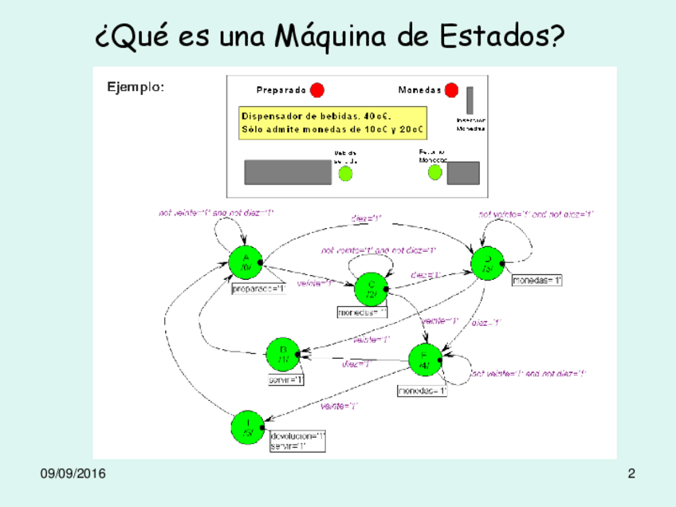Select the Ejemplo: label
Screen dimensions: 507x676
tap(136, 86)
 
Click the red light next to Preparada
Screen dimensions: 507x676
tap(317, 90)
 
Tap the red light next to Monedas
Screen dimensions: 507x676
tap(452, 90)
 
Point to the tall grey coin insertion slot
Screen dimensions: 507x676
tap(470, 100)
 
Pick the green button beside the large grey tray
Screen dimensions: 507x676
tap(346, 173)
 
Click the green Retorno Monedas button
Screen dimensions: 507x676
tap(435, 172)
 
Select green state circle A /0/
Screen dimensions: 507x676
tap(246, 262)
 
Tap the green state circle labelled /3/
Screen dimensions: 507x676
tap(487, 263)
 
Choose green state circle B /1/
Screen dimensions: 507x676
tap(283, 354)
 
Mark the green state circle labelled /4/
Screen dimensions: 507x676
tap(425, 360)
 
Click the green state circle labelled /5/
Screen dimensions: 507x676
tap(248, 427)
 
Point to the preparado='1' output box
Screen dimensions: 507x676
tap(258, 289)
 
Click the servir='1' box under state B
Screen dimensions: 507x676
tap(286, 380)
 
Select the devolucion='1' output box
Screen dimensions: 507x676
tap(297, 436)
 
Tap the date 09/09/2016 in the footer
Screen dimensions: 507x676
tap(73, 474)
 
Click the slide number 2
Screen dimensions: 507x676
tap(631, 474)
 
